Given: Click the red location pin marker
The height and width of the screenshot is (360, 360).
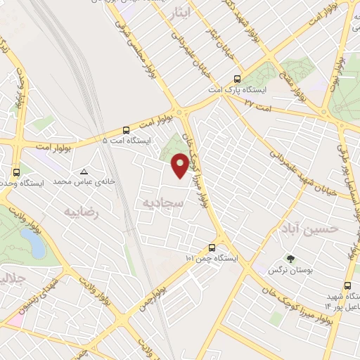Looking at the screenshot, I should [x=180, y=165].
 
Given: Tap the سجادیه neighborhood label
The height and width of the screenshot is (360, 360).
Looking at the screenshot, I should [x=161, y=203].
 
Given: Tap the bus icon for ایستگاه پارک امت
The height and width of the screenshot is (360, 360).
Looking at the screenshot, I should [x=236, y=79].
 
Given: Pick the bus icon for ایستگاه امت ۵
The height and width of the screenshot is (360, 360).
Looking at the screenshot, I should [x=126, y=130].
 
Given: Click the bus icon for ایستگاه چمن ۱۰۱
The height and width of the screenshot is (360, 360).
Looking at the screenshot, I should [x=212, y=247].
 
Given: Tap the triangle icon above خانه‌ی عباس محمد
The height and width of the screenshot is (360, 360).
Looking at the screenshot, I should [x=85, y=172].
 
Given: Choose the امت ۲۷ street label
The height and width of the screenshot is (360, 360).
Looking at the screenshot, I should [x=258, y=103].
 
